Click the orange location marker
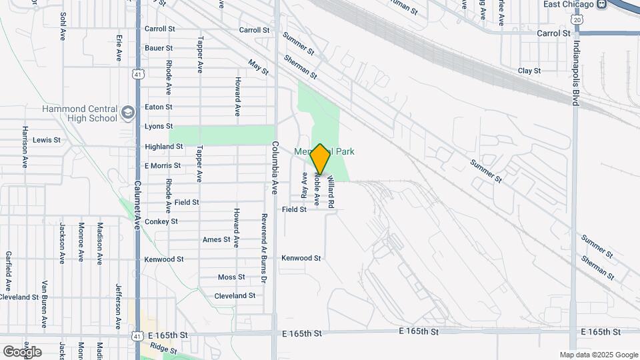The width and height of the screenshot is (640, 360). (x=320, y=159)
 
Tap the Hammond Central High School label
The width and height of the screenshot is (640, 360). (x=79, y=113)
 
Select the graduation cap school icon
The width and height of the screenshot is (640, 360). (x=129, y=113)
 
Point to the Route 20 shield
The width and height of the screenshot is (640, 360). (x=577, y=21)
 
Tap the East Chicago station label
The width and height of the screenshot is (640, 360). (x=568, y=4)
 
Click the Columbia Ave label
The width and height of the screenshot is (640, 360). (x=274, y=168)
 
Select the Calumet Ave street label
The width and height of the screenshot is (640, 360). (x=137, y=206)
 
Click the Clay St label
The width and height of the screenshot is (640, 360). (x=529, y=71)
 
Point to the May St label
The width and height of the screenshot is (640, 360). (x=258, y=67)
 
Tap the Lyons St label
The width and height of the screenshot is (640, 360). (x=159, y=126)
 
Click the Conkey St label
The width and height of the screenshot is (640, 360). (x=161, y=221)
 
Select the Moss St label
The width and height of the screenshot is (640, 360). (x=231, y=277)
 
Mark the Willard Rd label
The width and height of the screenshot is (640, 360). (x=330, y=191)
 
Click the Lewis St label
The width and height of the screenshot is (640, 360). (x=47, y=140)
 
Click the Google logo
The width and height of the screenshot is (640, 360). (x=22, y=351)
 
